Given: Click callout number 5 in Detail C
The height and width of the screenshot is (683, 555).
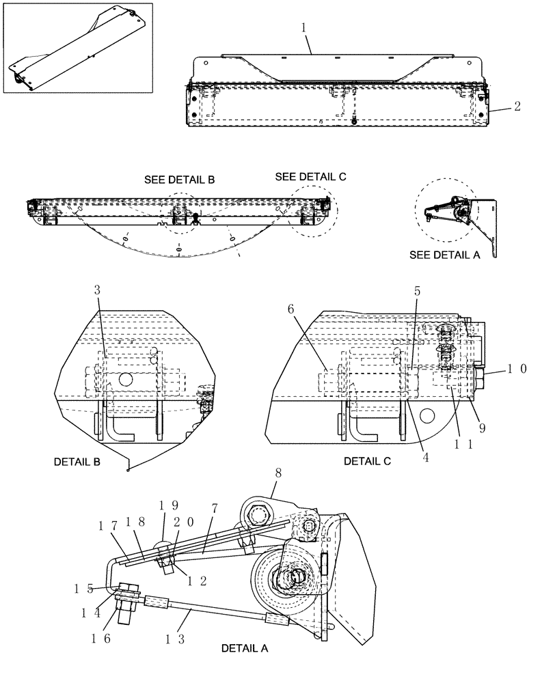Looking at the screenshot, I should pyautogui.click(x=418, y=290).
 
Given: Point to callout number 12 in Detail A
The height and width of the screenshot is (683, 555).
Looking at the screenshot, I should pyautogui.click(x=195, y=580).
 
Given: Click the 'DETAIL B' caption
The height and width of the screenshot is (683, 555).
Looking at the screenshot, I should pyautogui.click(x=77, y=462).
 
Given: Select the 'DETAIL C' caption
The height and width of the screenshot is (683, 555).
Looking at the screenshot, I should pyautogui.click(x=367, y=462).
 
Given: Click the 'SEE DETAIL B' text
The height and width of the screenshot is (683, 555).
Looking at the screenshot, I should pyautogui.click(x=179, y=180).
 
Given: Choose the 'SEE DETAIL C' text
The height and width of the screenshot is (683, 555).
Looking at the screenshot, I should pyautogui.click(x=310, y=176).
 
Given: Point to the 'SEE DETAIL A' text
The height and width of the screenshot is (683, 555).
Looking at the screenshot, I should pyautogui.click(x=444, y=254).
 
